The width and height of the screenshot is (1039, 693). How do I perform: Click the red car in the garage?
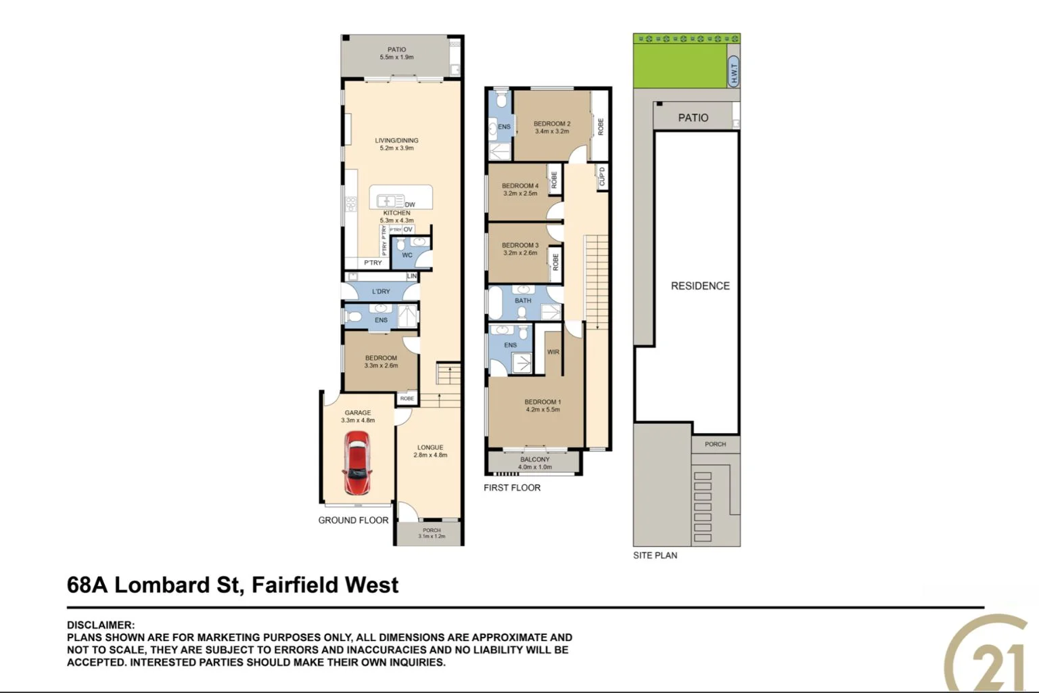(x=356, y=464)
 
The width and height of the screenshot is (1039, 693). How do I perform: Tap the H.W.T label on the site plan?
(x=734, y=72)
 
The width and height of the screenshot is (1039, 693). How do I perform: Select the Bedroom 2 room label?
(x=551, y=124)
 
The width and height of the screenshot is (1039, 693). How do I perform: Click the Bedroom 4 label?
(x=519, y=185)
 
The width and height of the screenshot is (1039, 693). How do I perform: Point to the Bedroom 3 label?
(x=519, y=245)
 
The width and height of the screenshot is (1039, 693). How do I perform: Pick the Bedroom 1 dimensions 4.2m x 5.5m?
(x=542, y=409)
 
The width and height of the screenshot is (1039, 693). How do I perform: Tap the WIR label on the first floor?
(x=553, y=352)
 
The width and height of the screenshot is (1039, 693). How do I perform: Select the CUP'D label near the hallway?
(x=602, y=177)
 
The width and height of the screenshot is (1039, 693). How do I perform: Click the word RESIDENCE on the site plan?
(x=700, y=286)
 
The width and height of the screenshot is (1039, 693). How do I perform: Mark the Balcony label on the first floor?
(x=534, y=460)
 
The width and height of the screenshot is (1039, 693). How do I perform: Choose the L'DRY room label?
(x=381, y=292)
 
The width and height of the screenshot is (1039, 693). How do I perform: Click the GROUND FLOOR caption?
(x=353, y=520)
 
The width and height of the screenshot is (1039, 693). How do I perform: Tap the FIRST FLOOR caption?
(x=512, y=488)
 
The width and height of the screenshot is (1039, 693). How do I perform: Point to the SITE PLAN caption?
(x=655, y=556)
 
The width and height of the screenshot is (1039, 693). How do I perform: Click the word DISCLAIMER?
(x=100, y=625)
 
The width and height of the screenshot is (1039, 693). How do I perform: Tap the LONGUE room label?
(x=430, y=447)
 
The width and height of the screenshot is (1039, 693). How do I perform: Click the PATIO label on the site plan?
(x=693, y=118)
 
